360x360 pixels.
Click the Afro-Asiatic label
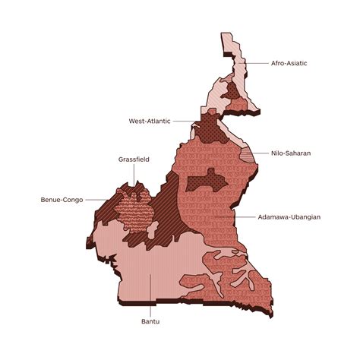289,63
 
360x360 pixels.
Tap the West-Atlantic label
150,120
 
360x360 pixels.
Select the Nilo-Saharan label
291,153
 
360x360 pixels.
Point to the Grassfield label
135,159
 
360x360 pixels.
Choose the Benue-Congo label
62,200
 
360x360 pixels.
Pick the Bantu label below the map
150,322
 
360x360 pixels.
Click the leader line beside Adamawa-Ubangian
243,216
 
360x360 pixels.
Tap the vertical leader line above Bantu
150,296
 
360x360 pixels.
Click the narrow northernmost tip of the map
226,42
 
